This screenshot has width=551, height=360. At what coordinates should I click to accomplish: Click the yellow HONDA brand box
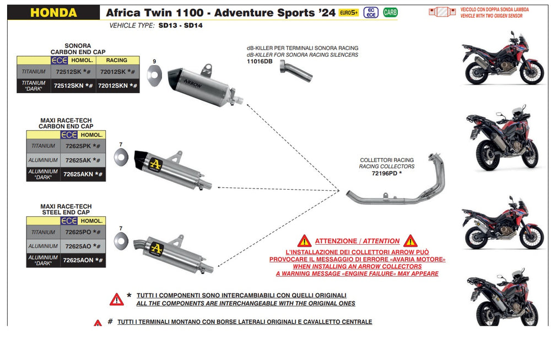[x=53, y=12]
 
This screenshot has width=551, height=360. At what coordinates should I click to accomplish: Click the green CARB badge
[x=390, y=12]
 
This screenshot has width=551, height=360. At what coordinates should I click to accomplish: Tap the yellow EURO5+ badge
[x=349, y=12]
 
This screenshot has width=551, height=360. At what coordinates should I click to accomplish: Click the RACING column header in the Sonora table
[x=116, y=60]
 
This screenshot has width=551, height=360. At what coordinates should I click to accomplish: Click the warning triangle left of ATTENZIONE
[x=304, y=241]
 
